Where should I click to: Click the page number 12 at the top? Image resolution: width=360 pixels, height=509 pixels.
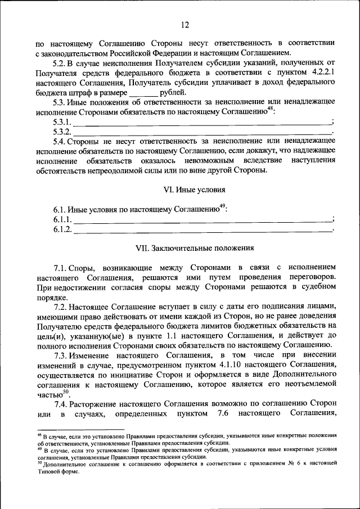click(x=185, y=24)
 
